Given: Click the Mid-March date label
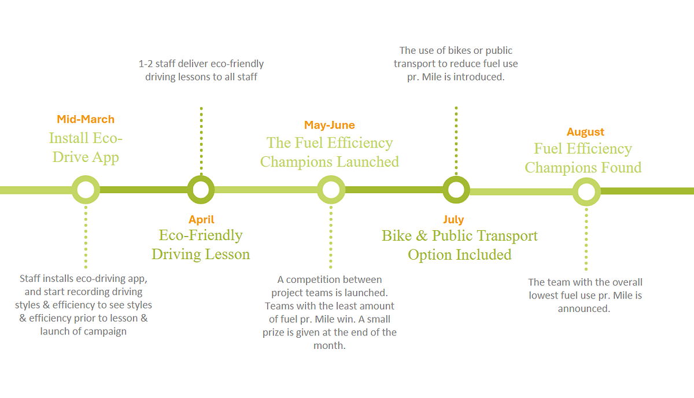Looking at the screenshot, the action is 86,119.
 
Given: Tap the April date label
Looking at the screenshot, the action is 201,220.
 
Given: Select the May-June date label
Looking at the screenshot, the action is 329,125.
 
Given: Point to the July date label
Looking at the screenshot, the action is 453,220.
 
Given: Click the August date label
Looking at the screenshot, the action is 585,132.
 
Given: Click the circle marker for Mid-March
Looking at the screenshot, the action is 86,190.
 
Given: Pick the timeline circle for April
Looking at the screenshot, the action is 201,190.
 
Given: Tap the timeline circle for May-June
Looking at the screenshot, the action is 331,190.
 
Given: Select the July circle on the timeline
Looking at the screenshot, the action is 456,190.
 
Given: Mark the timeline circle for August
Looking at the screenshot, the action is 586,192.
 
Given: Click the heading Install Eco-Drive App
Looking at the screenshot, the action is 86,148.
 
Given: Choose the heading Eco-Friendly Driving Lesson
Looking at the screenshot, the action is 201,245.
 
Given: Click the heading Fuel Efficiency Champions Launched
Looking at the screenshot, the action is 330,152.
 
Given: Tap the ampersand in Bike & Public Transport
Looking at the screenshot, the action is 422,236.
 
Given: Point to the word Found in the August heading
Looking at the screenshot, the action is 622,167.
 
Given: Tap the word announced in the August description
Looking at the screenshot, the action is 584,309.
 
